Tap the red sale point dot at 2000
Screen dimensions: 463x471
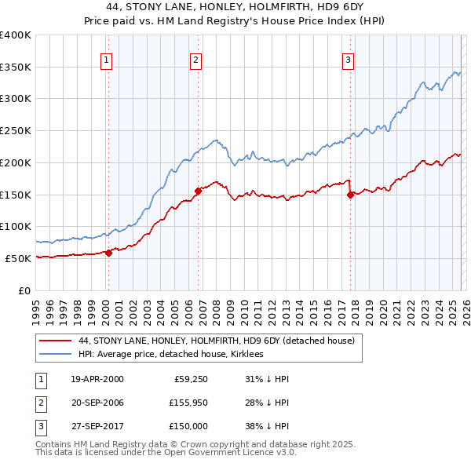(x=108, y=252)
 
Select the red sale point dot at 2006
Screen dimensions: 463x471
(x=198, y=190)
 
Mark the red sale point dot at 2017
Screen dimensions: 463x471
(x=350, y=195)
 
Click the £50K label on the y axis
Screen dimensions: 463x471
(x=18, y=258)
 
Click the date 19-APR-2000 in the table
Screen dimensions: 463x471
(x=97, y=379)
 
